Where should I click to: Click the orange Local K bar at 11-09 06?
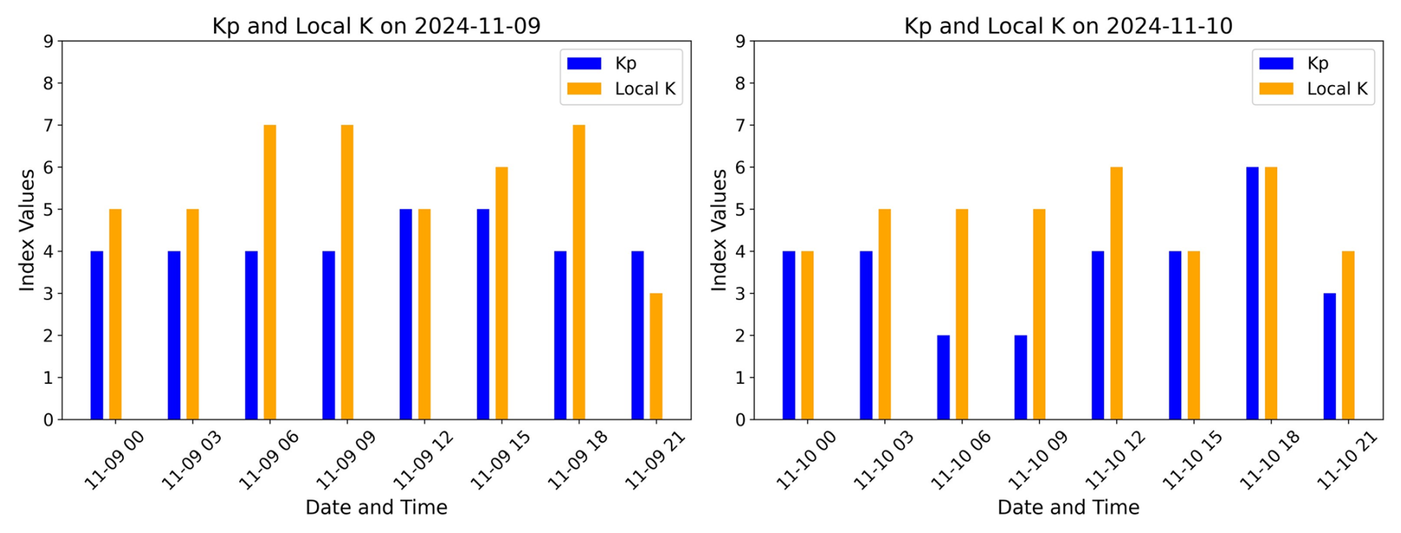point(270,273)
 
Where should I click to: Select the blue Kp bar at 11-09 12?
point(406,314)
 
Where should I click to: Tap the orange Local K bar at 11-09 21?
point(656,357)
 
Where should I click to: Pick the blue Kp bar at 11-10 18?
point(1252,294)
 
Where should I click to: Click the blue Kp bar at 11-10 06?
point(943,377)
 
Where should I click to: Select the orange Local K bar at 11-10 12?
point(1116,294)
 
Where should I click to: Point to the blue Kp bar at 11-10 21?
point(1329,357)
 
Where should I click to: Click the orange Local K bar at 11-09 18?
point(579,273)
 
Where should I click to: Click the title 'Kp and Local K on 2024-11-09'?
point(376,26)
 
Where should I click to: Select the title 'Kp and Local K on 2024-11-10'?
point(1068,26)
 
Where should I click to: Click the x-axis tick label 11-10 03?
point(884,460)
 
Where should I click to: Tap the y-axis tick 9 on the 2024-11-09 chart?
point(48,42)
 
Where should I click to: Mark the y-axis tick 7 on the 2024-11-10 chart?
point(740,125)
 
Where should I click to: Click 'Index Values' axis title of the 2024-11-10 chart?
point(718,230)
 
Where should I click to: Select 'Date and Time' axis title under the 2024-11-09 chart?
point(376,508)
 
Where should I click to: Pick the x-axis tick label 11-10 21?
point(1348,460)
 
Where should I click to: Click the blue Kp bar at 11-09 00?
point(97,336)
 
